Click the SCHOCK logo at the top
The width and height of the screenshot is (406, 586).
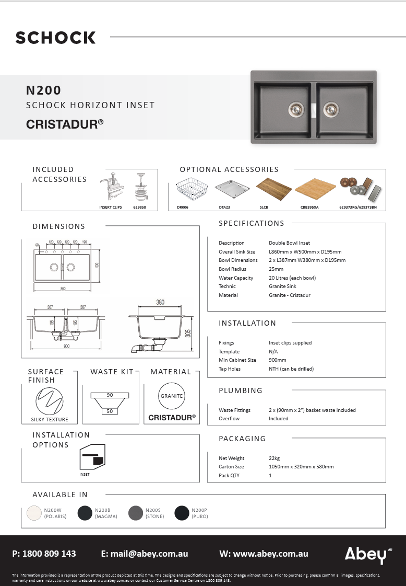coord(55,38)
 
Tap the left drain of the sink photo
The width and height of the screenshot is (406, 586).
coord(295,108)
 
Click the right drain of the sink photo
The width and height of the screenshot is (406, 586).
coord(330,108)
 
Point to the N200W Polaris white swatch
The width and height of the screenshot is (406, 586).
coord(35,513)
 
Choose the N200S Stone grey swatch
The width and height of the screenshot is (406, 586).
coord(136,513)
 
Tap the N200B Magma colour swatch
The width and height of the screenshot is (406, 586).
coord(85,513)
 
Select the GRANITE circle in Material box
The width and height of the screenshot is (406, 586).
coord(172,396)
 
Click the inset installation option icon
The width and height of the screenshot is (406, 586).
coord(92,457)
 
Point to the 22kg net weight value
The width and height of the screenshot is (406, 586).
coord(274,458)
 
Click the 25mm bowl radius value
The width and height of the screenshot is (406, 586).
coord(276,269)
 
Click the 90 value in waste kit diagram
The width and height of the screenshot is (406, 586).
coord(110,395)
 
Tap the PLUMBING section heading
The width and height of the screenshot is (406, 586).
coord(241,390)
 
